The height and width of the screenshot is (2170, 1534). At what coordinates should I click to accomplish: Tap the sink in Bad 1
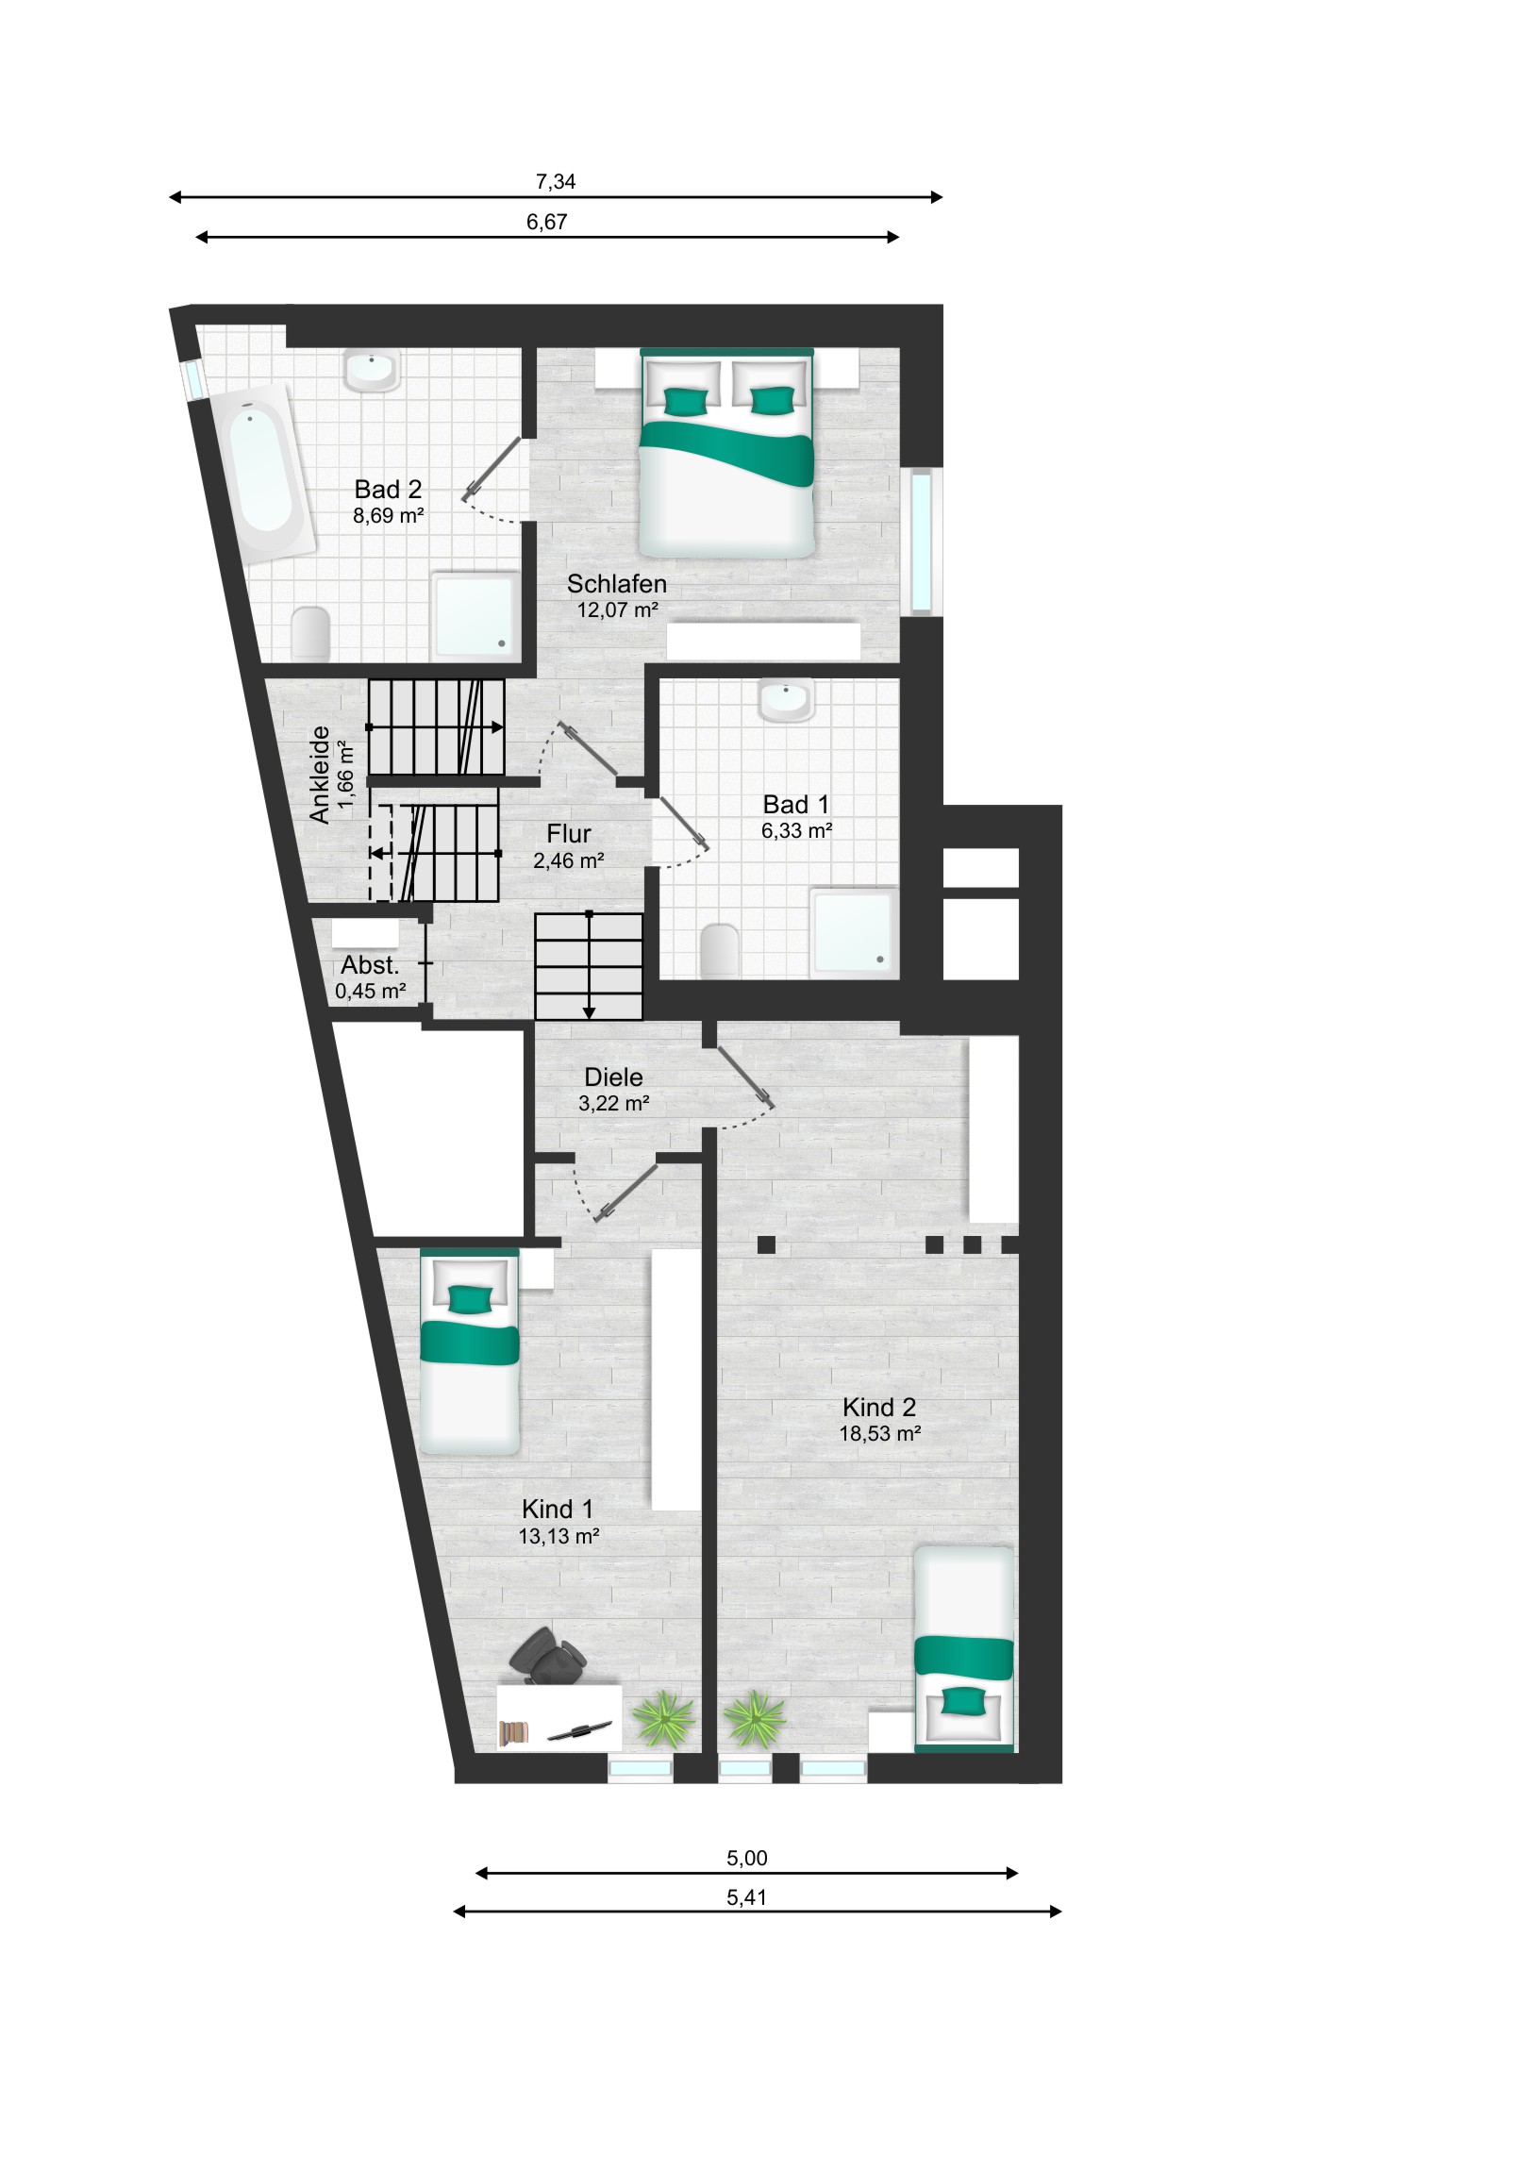click(786, 700)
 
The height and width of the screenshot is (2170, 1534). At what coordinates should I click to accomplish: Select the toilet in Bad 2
click(310, 632)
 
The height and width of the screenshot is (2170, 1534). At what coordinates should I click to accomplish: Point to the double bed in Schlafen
click(725, 452)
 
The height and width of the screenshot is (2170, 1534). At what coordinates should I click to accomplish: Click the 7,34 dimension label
click(556, 181)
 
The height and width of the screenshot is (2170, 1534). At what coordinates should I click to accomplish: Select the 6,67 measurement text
click(546, 222)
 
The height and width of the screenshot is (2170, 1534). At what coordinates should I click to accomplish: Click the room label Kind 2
click(879, 1408)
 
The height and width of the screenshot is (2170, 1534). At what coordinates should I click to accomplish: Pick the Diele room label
click(613, 1077)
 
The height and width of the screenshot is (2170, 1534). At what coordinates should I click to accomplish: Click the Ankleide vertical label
click(320, 775)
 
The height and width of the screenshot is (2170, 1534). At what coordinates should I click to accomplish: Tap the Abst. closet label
click(370, 965)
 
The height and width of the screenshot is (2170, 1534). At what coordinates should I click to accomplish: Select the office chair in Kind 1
click(547, 1655)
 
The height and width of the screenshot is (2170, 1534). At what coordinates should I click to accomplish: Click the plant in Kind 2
click(753, 1717)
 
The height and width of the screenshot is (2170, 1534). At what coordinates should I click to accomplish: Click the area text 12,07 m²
click(617, 609)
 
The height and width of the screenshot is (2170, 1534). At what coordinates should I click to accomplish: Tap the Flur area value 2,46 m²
click(568, 860)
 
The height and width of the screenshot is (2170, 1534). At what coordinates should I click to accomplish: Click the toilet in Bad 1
click(720, 950)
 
